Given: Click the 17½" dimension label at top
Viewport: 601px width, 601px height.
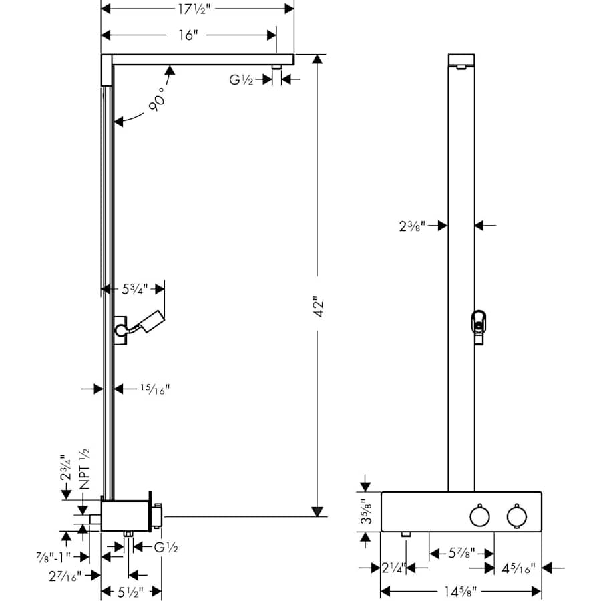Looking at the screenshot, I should (197, 9).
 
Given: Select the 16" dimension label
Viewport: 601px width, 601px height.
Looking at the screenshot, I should (188, 35).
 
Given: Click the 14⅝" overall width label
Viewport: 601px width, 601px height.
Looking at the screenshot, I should (461, 590).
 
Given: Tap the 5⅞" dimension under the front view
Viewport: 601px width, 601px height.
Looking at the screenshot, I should (461, 553).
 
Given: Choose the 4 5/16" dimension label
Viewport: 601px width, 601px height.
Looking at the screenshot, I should (519, 568).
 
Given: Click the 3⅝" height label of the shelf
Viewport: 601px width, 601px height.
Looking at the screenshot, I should (364, 512).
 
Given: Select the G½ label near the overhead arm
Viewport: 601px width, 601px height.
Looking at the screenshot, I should (242, 79).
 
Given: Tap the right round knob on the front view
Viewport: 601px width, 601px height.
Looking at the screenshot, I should (516, 516).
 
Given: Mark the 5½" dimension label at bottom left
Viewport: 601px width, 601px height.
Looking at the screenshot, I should (131, 590).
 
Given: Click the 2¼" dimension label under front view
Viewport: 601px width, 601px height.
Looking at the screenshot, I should (393, 568).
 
